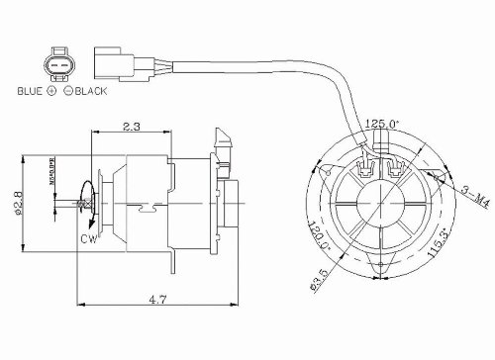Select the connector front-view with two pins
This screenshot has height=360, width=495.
point(58,64)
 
